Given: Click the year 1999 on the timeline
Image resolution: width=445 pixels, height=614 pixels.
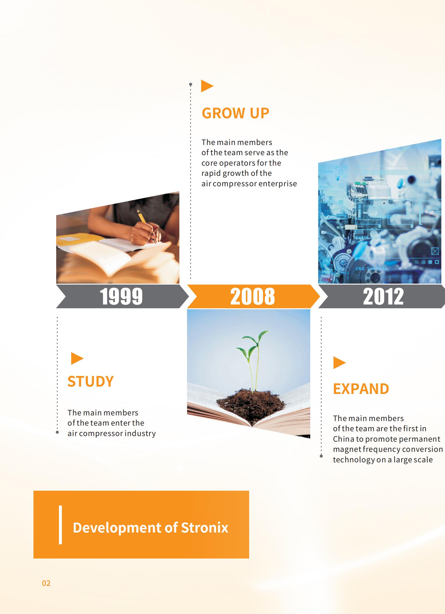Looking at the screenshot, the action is [121, 296].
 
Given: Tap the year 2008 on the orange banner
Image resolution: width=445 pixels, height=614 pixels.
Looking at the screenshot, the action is [253, 296].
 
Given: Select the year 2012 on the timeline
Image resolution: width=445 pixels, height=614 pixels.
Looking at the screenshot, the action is [383, 296].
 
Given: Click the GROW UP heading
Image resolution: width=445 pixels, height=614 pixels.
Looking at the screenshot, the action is [235, 113].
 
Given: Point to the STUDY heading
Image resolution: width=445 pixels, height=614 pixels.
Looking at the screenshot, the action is [90, 381].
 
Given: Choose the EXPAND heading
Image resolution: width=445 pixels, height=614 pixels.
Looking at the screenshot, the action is [361, 389].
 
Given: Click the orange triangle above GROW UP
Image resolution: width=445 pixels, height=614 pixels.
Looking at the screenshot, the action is [207, 86].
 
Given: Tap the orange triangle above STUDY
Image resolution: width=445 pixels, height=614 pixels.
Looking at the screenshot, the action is [77, 358].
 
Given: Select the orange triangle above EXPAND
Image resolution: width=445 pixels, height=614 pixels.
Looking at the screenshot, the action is [339, 363].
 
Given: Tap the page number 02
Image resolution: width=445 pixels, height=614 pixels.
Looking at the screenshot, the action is [46, 583].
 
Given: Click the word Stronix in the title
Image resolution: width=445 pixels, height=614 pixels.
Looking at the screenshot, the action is [205, 528].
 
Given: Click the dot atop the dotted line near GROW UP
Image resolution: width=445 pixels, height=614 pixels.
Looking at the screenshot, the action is [190, 84].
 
